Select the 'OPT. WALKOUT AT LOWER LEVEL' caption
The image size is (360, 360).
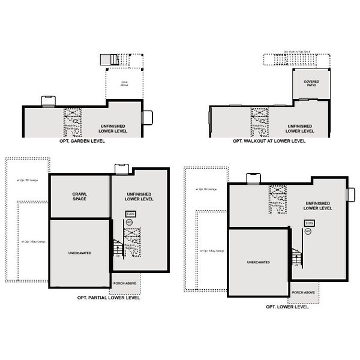tap(269, 142)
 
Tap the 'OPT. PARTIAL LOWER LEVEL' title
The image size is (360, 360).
tap(109, 297)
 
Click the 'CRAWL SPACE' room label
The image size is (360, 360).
tap(79, 196)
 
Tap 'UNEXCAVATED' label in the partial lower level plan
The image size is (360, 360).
tap(79, 253)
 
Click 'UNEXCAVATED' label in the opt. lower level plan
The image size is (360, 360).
tap(258, 262)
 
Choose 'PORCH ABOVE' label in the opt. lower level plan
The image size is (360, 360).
tap(304, 292)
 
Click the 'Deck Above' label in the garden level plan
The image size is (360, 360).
tap(124, 84)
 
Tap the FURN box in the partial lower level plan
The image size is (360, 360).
tap(130, 214)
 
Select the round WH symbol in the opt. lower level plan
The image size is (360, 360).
tap(308, 231)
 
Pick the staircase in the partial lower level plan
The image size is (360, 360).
tap(118, 245)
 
